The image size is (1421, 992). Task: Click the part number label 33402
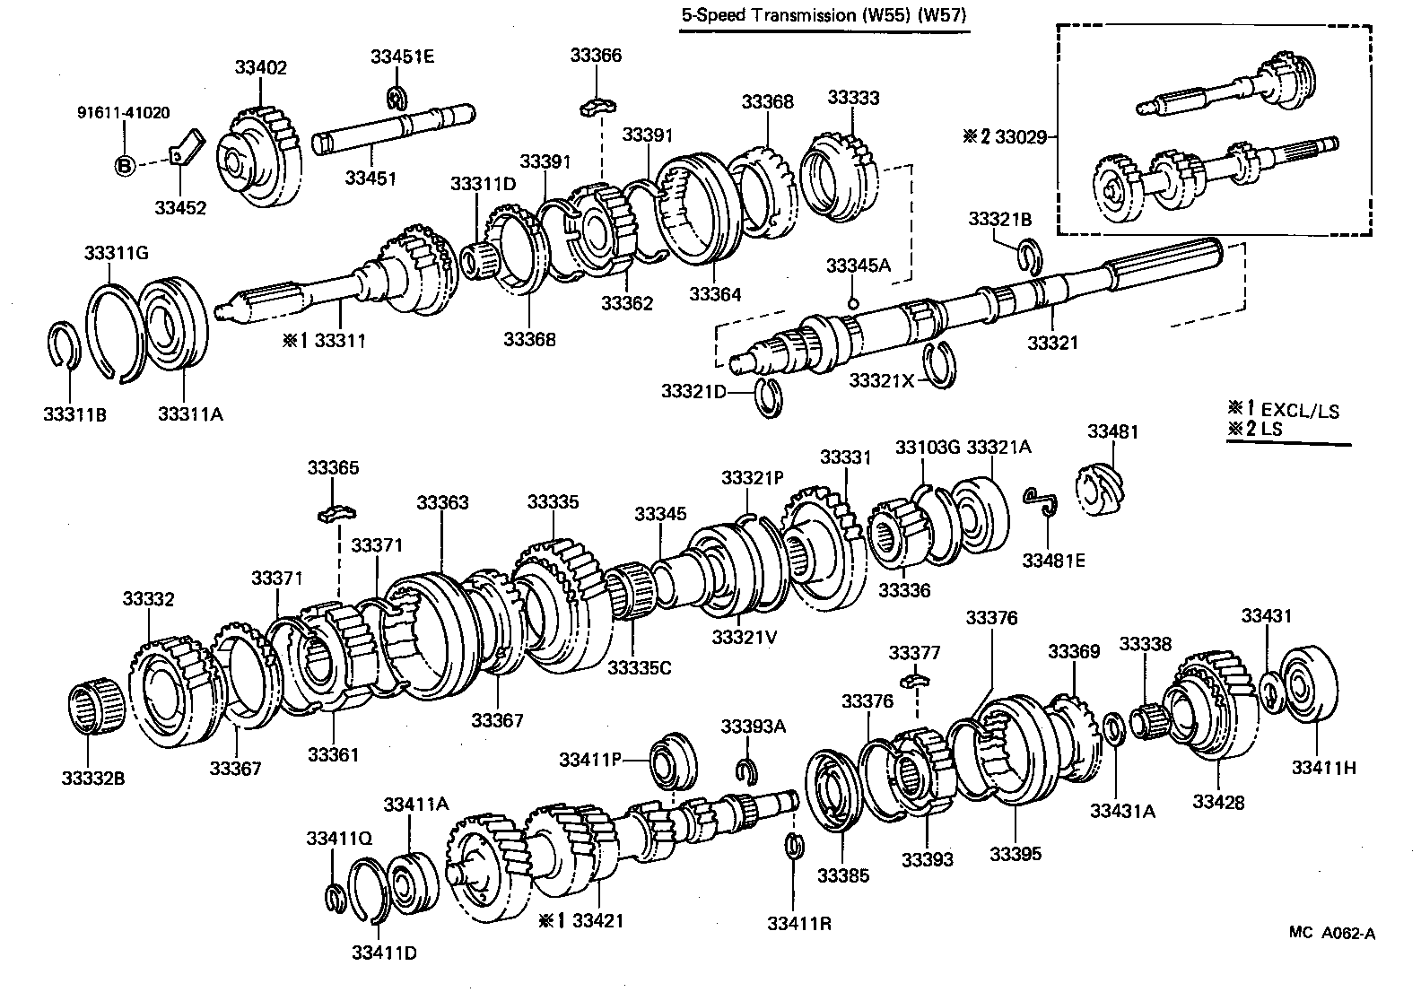click(x=260, y=67)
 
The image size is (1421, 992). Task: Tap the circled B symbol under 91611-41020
click(x=125, y=166)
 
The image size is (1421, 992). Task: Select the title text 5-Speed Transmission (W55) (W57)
click(x=824, y=15)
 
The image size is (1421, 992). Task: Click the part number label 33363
click(x=442, y=503)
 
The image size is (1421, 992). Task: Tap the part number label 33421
click(x=597, y=921)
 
